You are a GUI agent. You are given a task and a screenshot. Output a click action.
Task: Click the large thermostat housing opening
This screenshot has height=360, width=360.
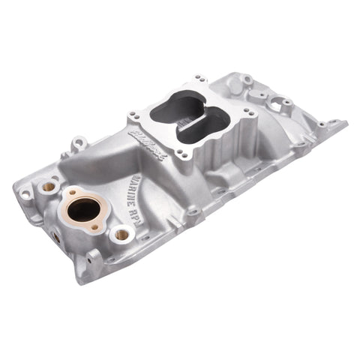click(x=84, y=211)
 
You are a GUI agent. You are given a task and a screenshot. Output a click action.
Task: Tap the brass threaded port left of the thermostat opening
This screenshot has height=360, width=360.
click(x=49, y=184)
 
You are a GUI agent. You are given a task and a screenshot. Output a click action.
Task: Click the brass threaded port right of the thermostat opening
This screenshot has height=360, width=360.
click(x=120, y=235)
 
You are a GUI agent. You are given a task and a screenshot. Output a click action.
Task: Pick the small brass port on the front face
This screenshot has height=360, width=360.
click(x=55, y=236)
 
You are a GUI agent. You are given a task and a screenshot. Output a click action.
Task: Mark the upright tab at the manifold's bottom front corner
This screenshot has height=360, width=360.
click(x=93, y=259)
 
